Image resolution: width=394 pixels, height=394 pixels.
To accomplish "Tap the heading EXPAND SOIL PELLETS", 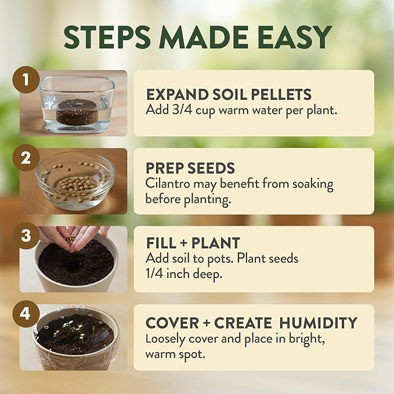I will point(229,94).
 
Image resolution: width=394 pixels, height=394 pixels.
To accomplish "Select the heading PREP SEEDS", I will point(190,168).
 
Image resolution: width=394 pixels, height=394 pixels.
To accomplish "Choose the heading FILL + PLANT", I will point(193,243).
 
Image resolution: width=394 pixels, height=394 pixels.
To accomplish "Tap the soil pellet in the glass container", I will point(77,109).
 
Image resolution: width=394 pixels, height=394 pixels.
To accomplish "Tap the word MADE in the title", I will point(201,38).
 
